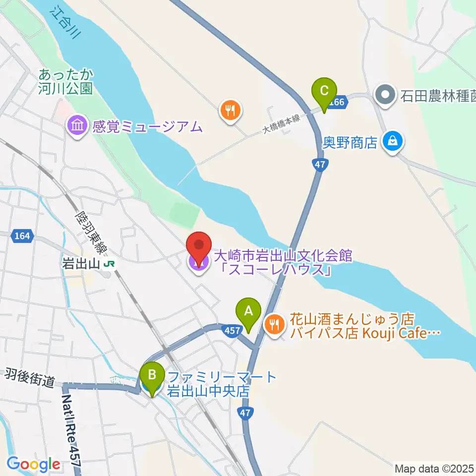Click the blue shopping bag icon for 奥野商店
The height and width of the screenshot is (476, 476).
click(x=393, y=142)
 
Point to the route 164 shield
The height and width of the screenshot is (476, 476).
click(x=22, y=237)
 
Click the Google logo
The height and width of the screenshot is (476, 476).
click(x=34, y=465)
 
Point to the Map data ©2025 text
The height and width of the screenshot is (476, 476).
click(x=434, y=469)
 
